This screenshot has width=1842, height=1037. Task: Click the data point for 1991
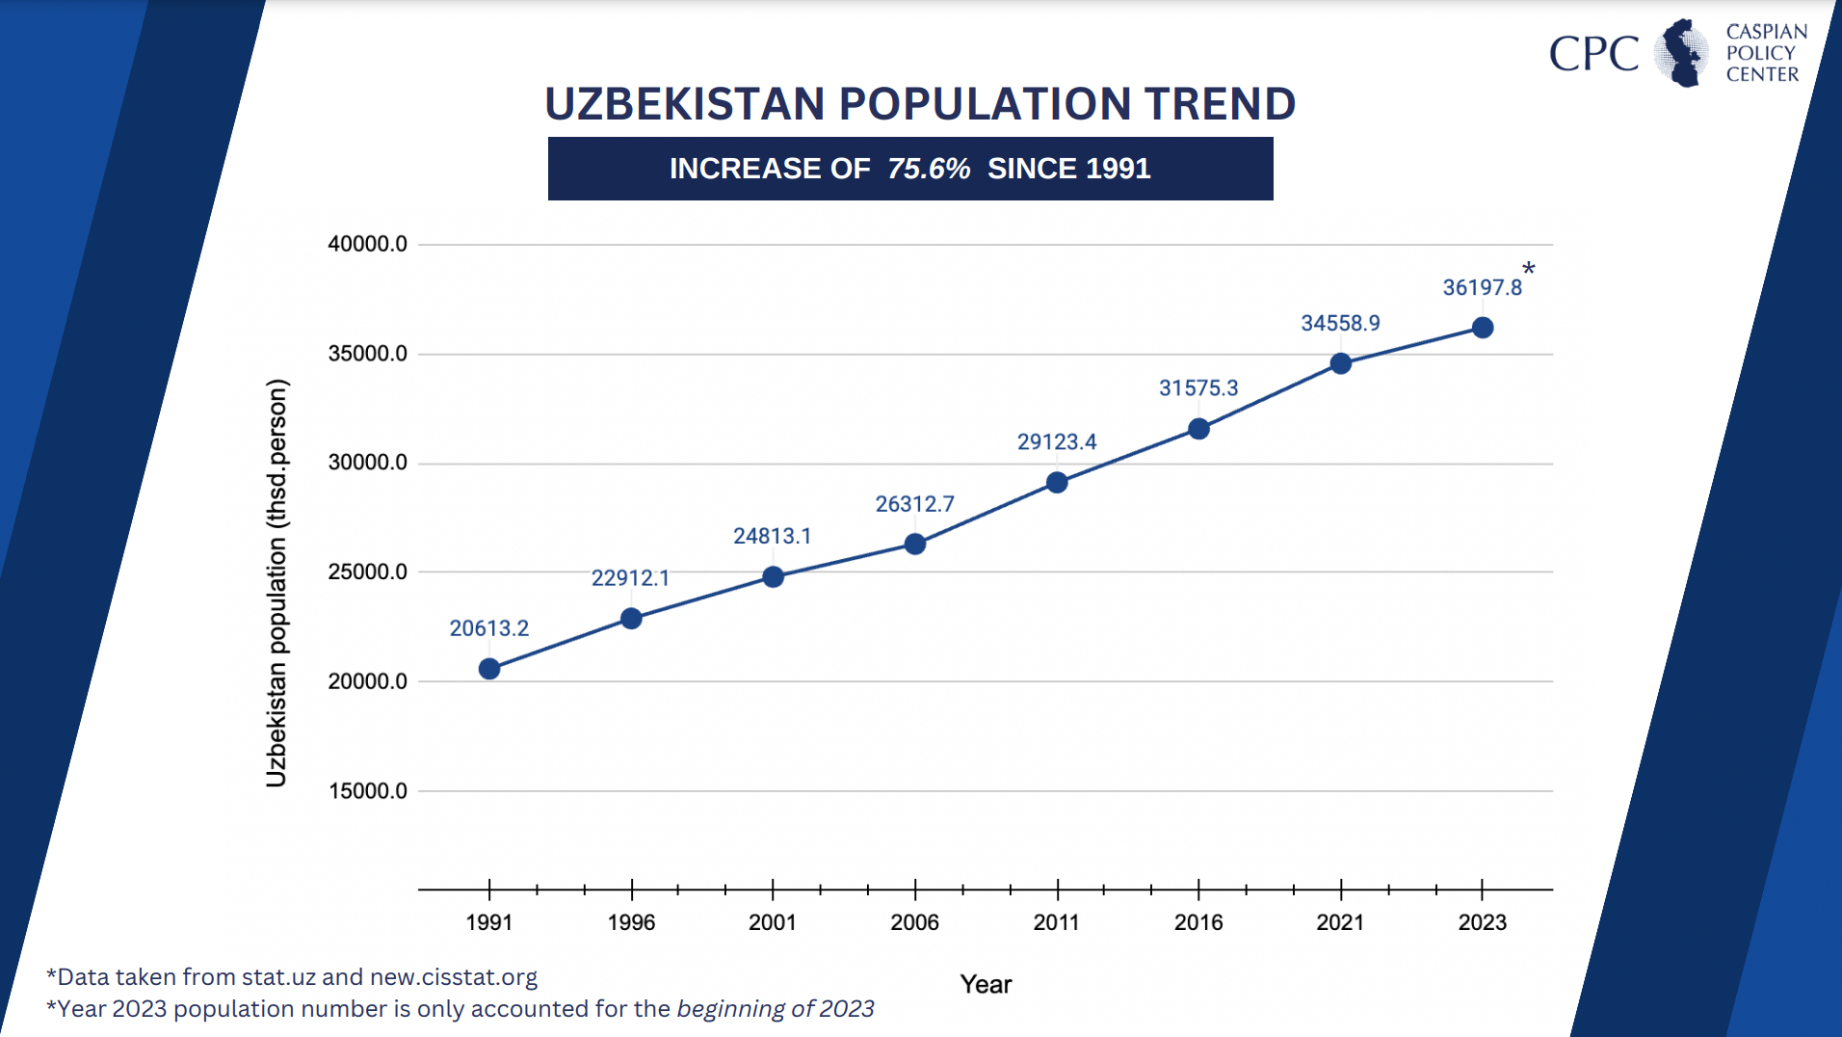pos(489,669)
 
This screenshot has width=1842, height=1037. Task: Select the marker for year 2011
pos(1057,483)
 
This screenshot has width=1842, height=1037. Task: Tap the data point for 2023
pos(1483,328)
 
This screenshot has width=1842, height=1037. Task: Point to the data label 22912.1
pos(630,578)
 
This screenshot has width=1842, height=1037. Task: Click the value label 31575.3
pos(1198,388)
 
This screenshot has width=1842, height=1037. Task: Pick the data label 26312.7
pos(914,504)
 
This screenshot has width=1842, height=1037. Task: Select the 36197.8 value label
pos(1482,287)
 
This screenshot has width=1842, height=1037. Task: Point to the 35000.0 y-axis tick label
pos(367,354)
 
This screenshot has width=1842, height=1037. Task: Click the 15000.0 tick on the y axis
pos(367,791)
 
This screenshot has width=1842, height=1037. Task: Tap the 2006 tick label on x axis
pos(914,922)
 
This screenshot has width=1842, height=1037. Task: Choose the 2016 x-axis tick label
pos(1198,922)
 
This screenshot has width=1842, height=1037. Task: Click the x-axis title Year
pos(986,984)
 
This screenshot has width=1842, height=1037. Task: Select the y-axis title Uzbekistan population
pos(276,583)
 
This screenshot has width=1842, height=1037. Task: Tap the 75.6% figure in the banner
pos(929,169)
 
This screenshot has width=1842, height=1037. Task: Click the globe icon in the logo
pos(1682,53)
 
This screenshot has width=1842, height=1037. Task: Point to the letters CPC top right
pos(1593,54)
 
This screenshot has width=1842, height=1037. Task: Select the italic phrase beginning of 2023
pos(776,1009)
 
